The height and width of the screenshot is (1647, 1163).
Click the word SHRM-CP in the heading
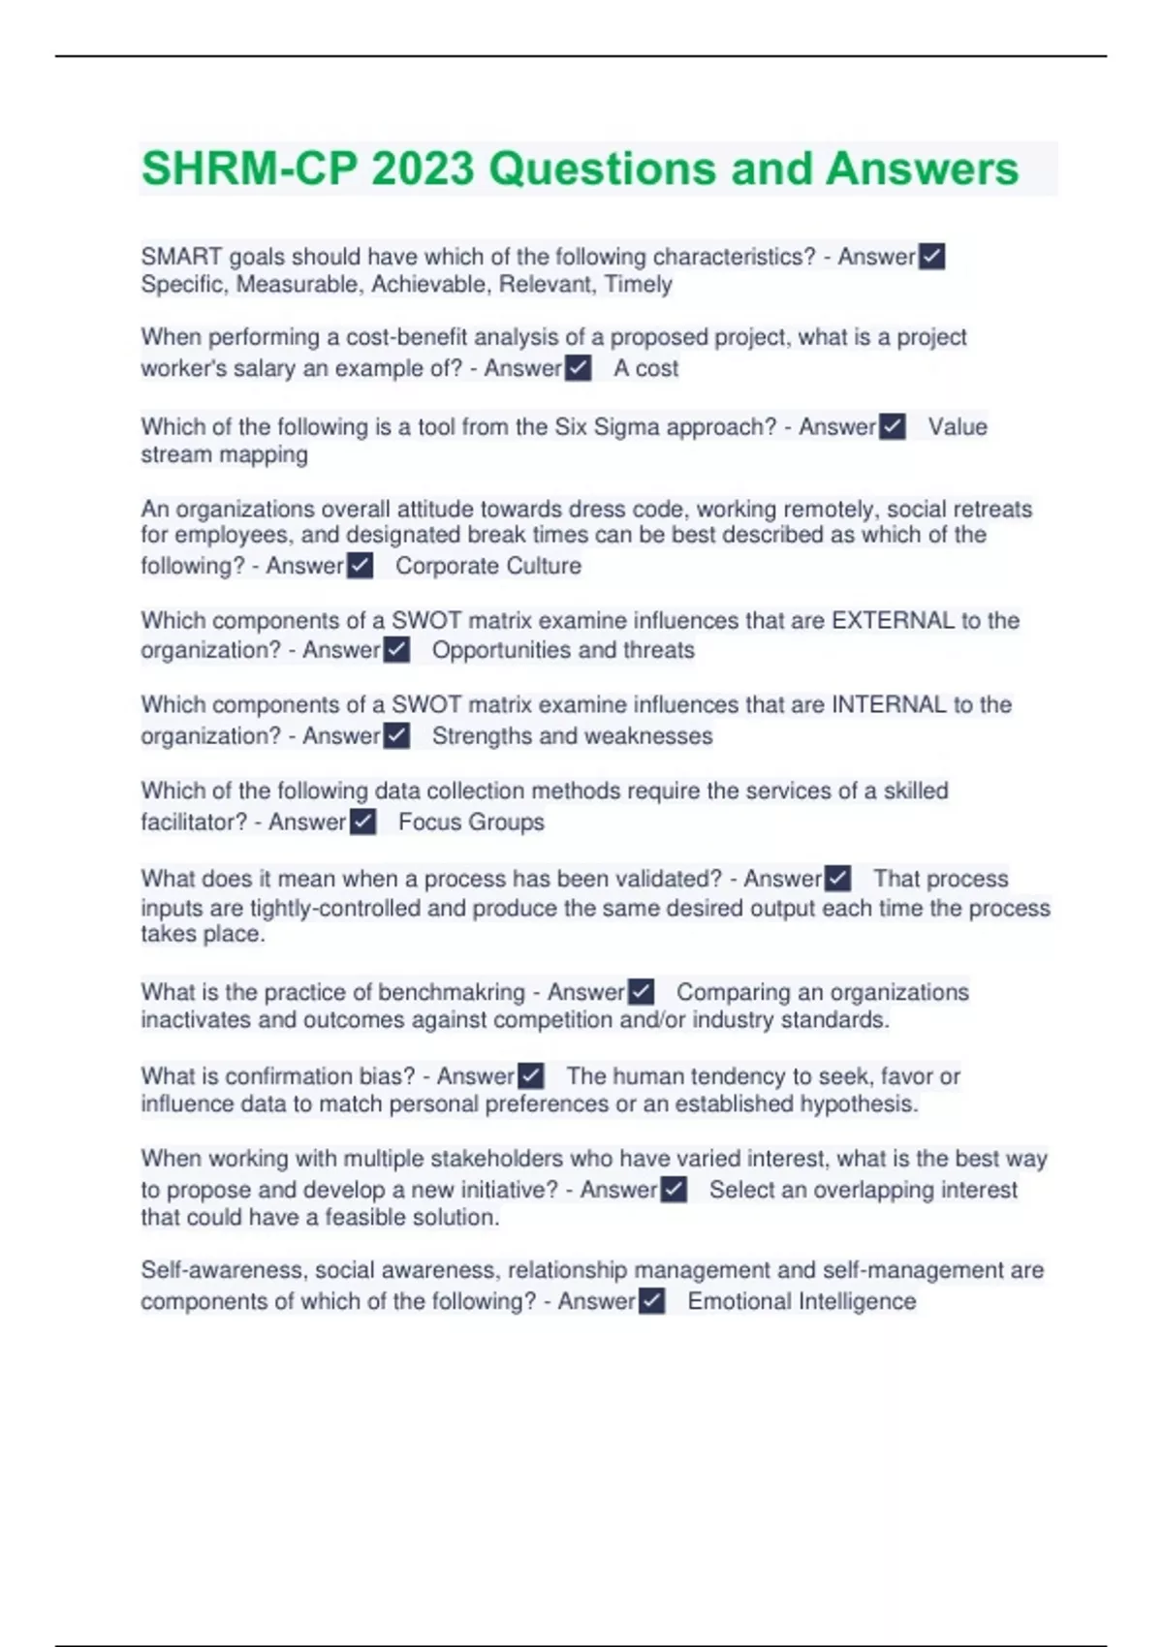250,169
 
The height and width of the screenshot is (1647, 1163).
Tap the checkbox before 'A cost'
579,368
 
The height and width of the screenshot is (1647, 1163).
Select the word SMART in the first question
181,257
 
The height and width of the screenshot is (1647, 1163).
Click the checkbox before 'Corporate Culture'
360,566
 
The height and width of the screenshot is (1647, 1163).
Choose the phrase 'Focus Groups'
471,823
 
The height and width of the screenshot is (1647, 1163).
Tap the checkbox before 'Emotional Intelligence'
652,1301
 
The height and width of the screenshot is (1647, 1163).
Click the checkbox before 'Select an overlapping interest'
674,1190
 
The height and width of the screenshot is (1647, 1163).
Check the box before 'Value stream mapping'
893,427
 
